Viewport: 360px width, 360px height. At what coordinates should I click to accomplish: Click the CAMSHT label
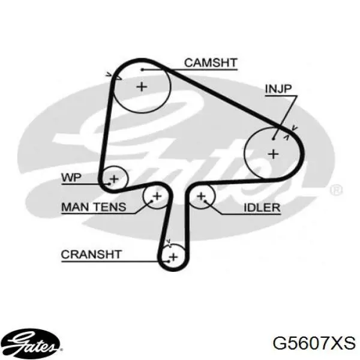click(211, 62)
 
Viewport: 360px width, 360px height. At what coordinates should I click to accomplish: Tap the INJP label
click(278, 89)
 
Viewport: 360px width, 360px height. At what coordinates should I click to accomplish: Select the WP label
click(71, 177)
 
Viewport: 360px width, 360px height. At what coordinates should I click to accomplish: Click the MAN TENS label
click(94, 207)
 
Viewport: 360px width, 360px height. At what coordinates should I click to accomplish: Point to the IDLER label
click(262, 208)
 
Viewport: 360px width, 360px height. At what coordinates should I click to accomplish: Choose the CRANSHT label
click(91, 254)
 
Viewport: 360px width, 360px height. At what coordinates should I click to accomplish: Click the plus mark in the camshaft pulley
click(142, 87)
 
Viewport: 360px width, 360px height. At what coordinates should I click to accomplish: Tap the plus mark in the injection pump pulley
click(273, 154)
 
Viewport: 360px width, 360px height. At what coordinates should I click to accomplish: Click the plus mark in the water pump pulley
click(114, 179)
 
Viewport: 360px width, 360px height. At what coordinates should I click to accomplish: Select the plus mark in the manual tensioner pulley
click(157, 196)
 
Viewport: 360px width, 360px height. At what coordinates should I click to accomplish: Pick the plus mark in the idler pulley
click(202, 196)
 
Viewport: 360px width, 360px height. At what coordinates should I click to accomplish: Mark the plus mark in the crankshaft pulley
click(173, 257)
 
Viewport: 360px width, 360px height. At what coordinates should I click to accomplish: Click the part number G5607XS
click(314, 343)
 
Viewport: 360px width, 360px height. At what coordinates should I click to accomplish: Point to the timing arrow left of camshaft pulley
click(113, 76)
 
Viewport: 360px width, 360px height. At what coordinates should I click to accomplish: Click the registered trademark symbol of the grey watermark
click(336, 190)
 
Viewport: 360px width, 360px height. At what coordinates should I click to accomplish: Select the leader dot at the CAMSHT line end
click(142, 70)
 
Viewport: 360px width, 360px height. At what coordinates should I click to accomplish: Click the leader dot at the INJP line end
click(273, 139)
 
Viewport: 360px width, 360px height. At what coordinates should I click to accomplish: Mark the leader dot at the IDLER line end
click(205, 202)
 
